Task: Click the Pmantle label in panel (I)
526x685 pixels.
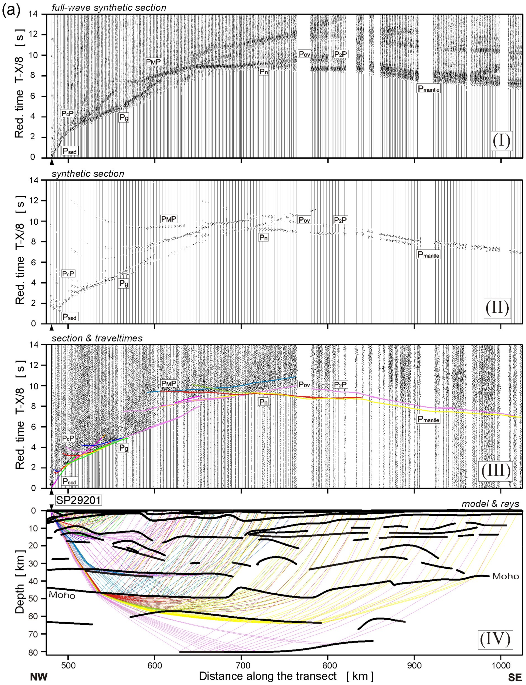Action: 428,89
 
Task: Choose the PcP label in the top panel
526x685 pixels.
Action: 68,114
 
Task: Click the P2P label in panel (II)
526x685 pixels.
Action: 340,220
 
